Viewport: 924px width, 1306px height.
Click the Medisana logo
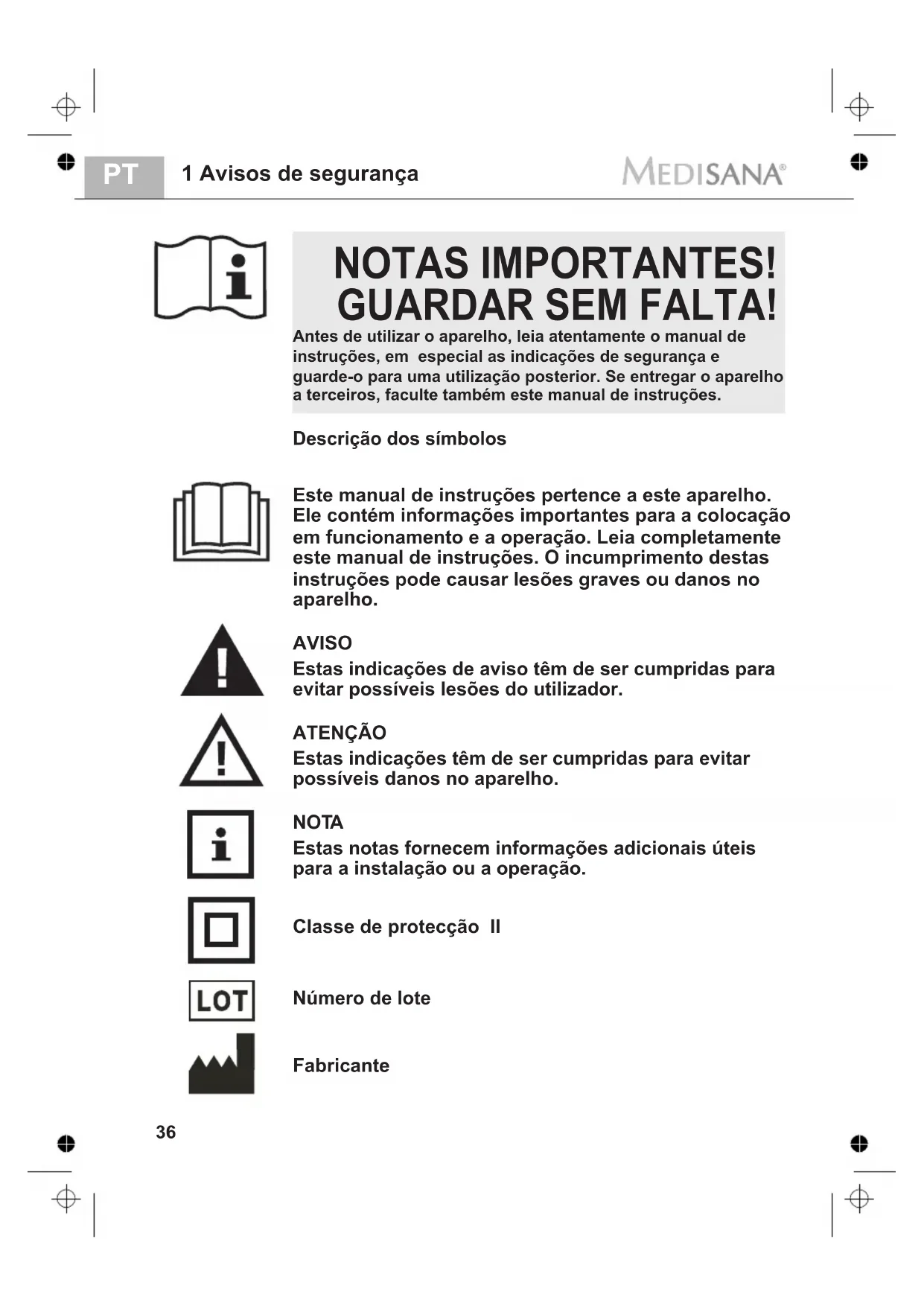[x=704, y=173]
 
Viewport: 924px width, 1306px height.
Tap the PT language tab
[x=121, y=175]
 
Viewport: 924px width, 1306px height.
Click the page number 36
[x=166, y=1132]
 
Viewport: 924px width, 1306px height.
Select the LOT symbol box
[x=221, y=1000]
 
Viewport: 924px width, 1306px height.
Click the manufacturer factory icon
[x=221, y=1065]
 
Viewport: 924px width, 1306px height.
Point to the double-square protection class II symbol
[x=221, y=930]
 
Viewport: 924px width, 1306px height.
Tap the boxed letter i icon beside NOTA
[x=220, y=844]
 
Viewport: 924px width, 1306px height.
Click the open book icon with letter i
[x=211, y=278]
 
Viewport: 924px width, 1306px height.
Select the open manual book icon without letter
[x=221, y=521]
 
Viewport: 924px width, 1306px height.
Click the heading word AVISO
[x=322, y=643]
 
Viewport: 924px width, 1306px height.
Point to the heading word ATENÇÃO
[x=340, y=733]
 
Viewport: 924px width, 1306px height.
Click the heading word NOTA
[x=318, y=822]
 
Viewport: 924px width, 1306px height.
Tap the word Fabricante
[x=341, y=1065]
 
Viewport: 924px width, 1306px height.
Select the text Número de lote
[x=361, y=998]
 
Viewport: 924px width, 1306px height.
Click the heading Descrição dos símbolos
[x=399, y=439]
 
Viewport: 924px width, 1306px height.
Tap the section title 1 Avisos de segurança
[x=300, y=173]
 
